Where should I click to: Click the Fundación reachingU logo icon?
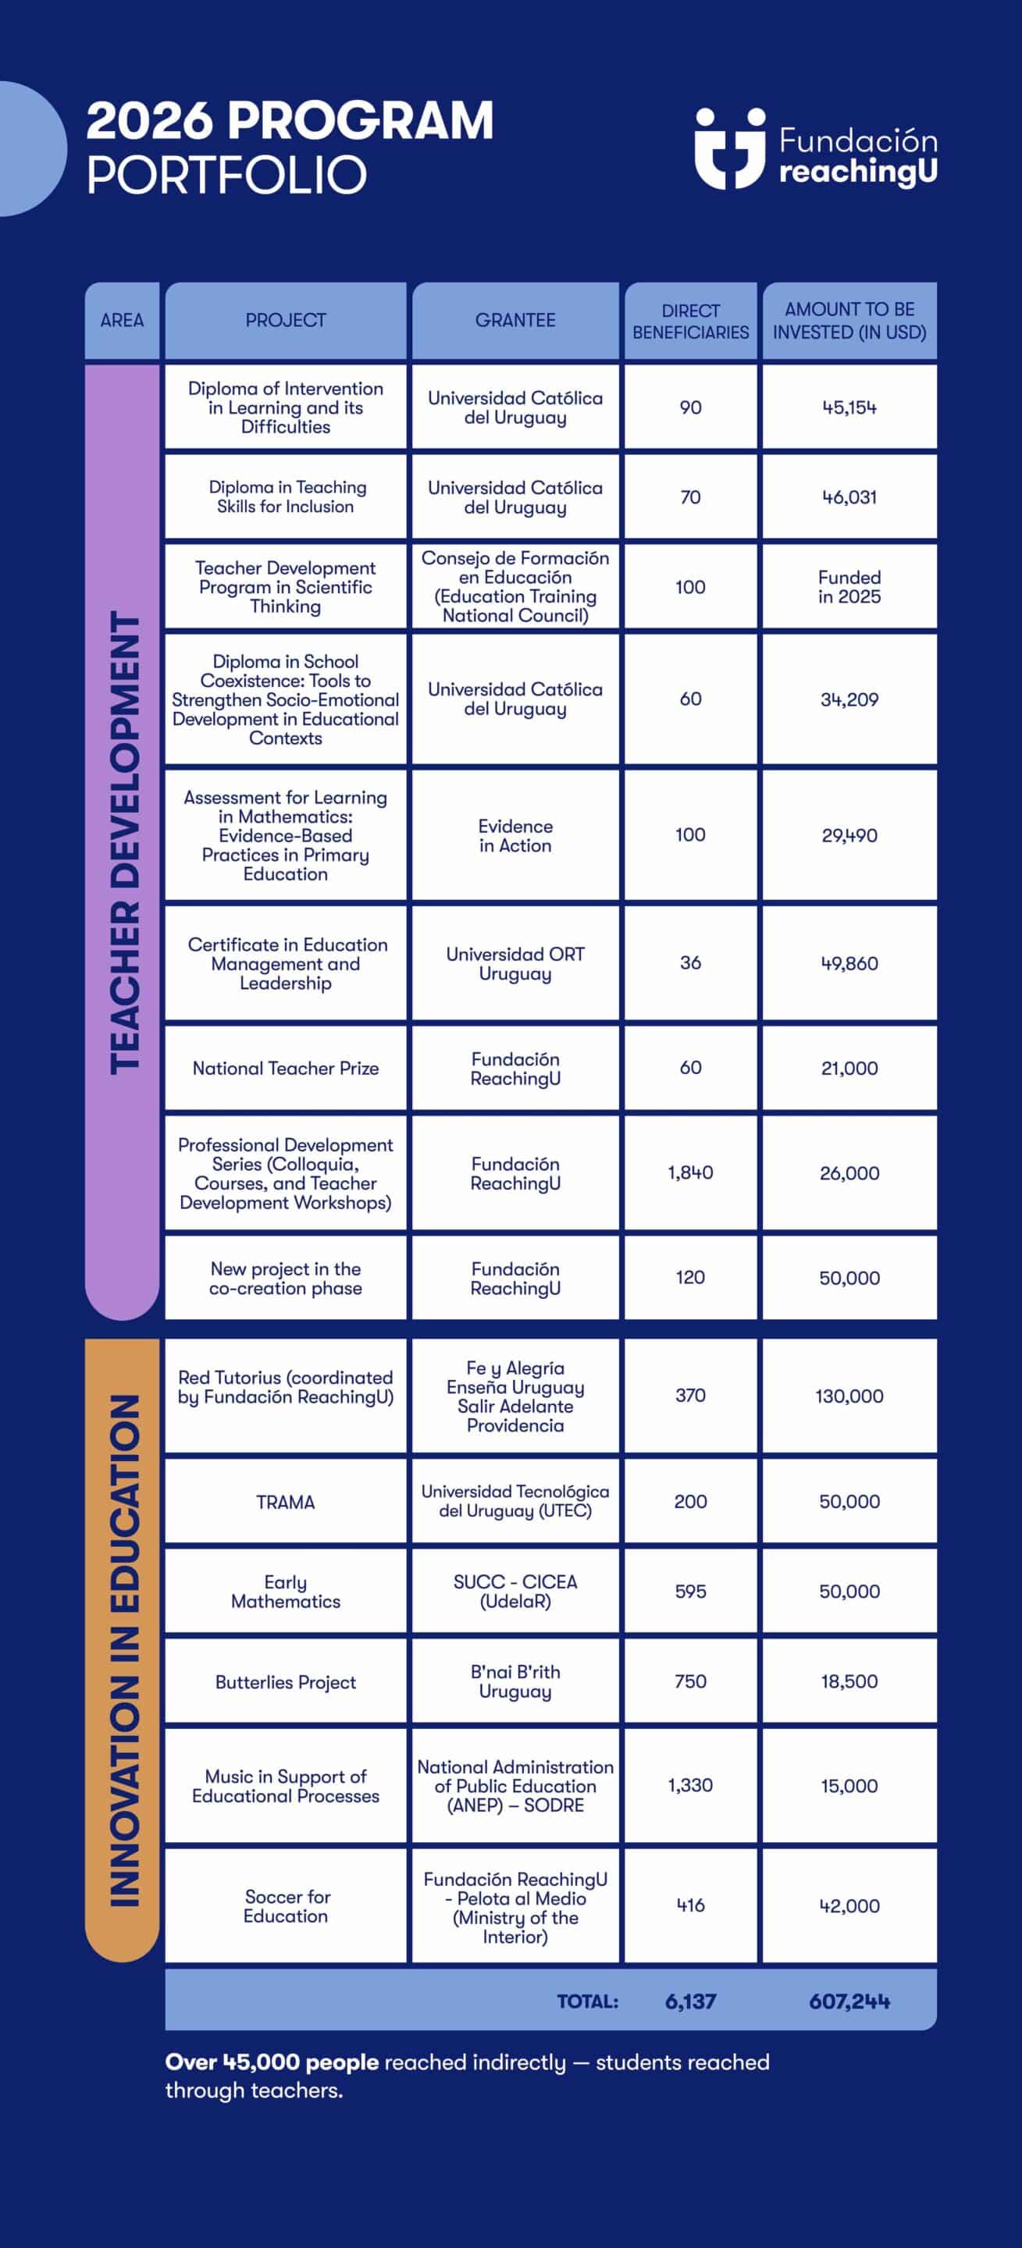730,148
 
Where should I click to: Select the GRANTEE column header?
515,320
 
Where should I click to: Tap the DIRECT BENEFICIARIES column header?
690,321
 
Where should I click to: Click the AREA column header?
122,320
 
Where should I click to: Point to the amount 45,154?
849,407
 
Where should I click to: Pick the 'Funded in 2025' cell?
849,587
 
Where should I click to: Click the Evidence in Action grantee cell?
515,835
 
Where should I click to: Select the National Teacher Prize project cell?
286,1068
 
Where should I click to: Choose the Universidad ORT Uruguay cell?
515,963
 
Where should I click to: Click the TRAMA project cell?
286,1502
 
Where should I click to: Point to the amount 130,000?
849,1396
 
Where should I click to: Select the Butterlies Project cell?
286,1681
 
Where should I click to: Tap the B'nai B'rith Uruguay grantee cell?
515,1681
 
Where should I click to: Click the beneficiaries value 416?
690,1906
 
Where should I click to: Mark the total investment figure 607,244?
849,2001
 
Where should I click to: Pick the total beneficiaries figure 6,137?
690,2001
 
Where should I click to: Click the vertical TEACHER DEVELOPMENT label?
123,842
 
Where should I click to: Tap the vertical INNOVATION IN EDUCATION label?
123,1649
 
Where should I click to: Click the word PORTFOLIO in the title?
227,175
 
